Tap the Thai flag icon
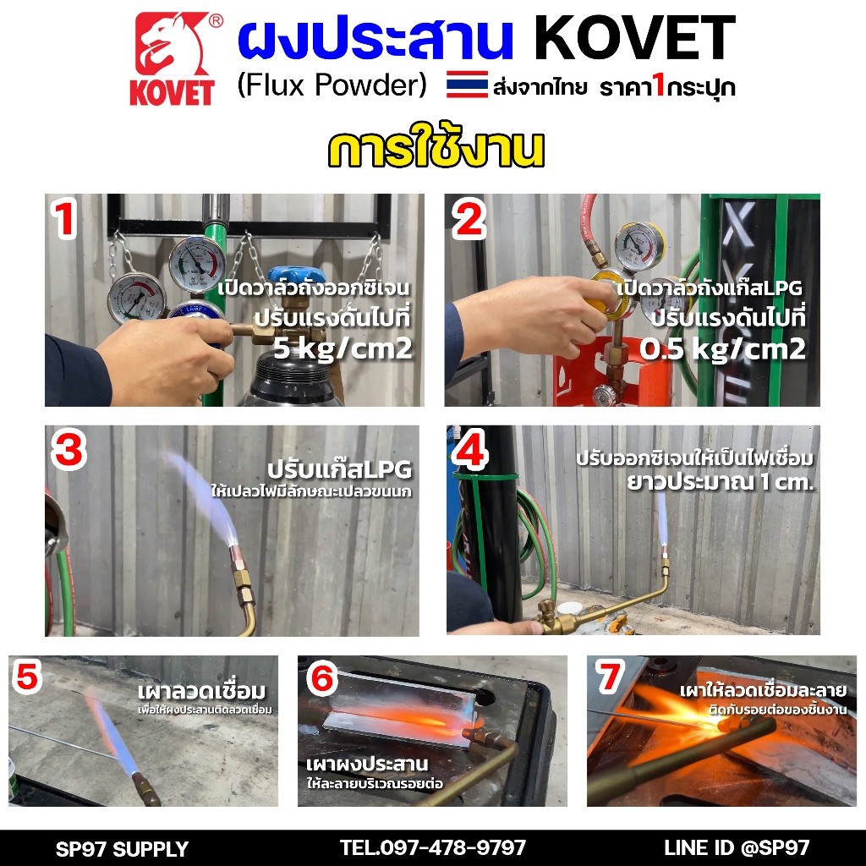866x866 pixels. click(467, 85)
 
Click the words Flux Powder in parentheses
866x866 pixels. click(332, 85)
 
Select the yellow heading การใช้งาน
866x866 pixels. click(436, 149)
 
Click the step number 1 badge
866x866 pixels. click(64, 219)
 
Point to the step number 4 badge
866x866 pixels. click(470, 450)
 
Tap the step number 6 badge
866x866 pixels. click(322, 677)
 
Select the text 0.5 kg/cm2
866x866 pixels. click(722, 349)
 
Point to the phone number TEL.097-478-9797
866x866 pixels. click(432, 847)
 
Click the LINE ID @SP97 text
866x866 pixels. click(737, 847)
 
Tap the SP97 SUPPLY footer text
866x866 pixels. click(122, 849)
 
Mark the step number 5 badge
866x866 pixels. click(27, 677)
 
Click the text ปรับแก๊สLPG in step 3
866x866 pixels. click(340, 470)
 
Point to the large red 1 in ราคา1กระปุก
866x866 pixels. click(658, 85)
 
